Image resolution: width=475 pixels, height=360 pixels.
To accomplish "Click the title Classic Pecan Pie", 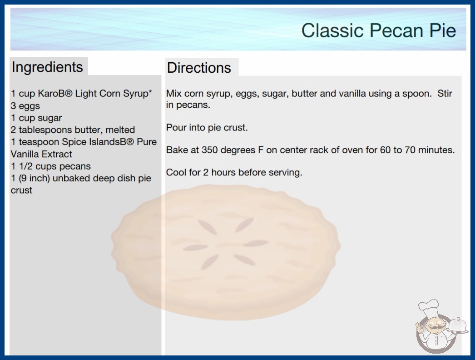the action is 379,30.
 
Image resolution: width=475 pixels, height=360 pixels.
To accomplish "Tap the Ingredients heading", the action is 47,67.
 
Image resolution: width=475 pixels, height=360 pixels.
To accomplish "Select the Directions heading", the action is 199,68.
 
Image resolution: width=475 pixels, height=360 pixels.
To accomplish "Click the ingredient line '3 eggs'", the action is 25,106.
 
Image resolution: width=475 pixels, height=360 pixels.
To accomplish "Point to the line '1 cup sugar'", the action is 36,118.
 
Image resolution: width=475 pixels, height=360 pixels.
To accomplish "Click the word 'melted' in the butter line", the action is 120,130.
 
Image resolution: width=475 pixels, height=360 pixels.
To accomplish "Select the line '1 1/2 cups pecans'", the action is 51,166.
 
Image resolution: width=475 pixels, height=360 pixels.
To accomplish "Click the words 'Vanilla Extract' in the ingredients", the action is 41,154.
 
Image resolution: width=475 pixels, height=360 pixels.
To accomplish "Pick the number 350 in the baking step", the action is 210,150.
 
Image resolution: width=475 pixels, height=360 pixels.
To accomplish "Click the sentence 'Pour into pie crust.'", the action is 207,128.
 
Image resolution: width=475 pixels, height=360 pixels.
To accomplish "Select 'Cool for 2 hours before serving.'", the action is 234,172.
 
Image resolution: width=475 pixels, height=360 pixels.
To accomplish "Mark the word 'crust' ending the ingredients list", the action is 21,190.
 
